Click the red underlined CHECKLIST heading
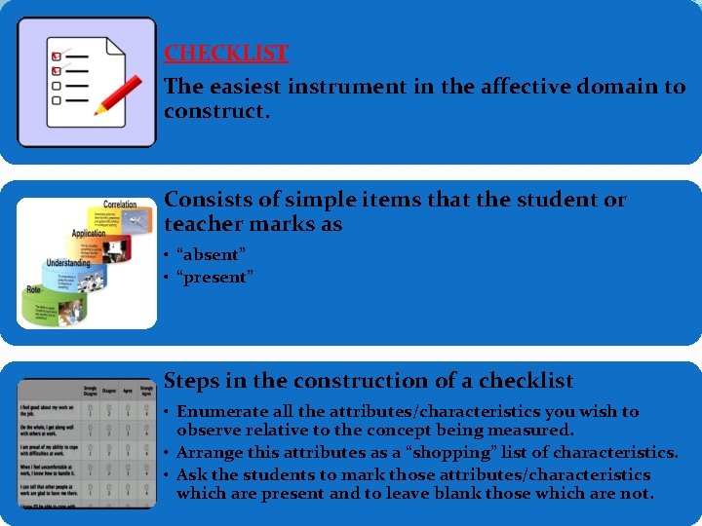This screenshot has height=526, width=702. (226, 54)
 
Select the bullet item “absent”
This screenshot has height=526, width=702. (211, 254)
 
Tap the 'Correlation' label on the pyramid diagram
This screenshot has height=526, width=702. (120, 205)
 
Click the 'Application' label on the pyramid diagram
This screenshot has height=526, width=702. (90, 234)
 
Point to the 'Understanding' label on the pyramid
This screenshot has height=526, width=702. (69, 263)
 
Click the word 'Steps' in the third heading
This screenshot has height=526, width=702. (194, 381)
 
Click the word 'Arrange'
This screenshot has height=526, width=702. (210, 453)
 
